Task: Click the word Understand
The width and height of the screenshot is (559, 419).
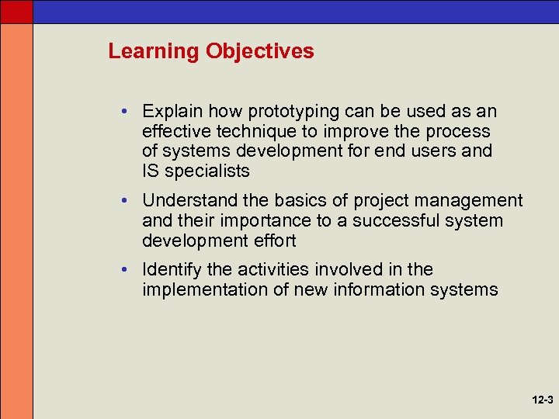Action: point(186,201)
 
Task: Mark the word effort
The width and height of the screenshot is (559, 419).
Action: point(273,241)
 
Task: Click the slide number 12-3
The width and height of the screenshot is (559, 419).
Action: point(543,400)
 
